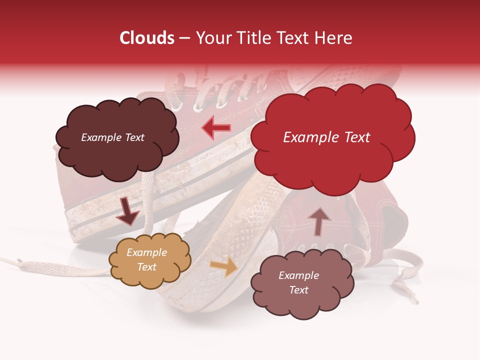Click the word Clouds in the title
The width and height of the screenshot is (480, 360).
[147, 38]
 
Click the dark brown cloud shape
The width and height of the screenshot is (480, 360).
[116, 150]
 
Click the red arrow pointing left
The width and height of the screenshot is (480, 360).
[216, 128]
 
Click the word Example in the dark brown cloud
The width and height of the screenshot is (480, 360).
[100, 137]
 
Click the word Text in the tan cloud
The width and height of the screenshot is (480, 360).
[147, 267]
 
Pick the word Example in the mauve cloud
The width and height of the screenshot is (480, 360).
[298, 275]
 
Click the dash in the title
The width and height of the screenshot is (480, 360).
[183, 38]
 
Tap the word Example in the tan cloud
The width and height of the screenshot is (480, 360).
[147, 252]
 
